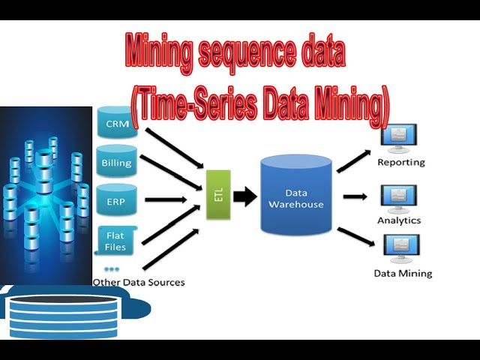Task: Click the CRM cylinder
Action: pyautogui.click(x=117, y=123)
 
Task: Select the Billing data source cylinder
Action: pyautogui.click(x=117, y=161)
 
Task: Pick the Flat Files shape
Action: pyautogui.click(x=116, y=239)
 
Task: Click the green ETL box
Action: pyautogui.click(x=217, y=193)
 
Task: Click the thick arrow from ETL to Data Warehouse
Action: pyautogui.click(x=244, y=197)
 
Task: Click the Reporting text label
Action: pyautogui.click(x=400, y=162)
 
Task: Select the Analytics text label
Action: pyautogui.click(x=399, y=220)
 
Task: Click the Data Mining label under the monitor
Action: pyautogui.click(x=403, y=273)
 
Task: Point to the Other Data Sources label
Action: pyautogui.click(x=138, y=283)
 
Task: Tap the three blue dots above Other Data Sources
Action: pyautogui.click(x=112, y=268)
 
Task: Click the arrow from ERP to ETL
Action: pyautogui.click(x=165, y=199)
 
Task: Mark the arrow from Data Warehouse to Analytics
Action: pyautogui.click(x=355, y=196)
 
